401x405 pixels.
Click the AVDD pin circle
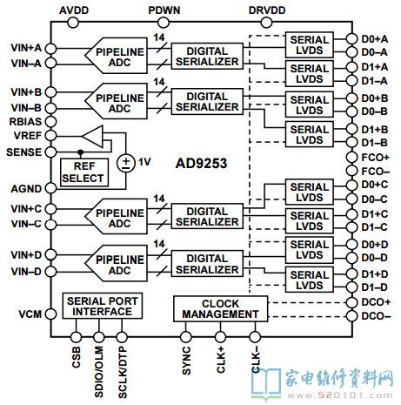click(73, 23)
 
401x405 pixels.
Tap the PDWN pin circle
click(164, 23)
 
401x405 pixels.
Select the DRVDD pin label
click(267, 10)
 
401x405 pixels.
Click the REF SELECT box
click(84, 172)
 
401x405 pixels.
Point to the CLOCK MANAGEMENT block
click(220, 309)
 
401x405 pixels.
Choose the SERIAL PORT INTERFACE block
click(103, 306)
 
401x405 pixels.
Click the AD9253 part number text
click(201, 163)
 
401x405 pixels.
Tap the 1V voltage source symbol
click(126, 163)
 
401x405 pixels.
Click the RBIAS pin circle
click(50, 122)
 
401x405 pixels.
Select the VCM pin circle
click(50, 314)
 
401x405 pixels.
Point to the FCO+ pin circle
click(352, 158)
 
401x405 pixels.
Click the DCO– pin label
click(376, 316)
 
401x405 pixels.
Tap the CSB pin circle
click(76, 337)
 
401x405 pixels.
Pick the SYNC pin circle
click(186, 337)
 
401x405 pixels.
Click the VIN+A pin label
click(26, 48)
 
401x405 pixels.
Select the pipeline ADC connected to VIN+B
click(116, 101)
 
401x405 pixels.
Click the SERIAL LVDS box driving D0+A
click(310, 44)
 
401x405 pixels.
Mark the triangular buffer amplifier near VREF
click(93, 136)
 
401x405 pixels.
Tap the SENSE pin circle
click(50, 152)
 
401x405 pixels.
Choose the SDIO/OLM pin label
click(99, 372)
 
